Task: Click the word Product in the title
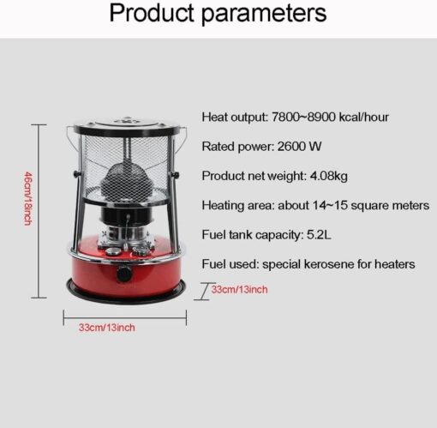pyautogui.click(x=152, y=13)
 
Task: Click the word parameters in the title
pyautogui.click(x=264, y=14)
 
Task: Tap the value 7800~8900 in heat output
pyautogui.click(x=303, y=117)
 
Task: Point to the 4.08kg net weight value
pyautogui.click(x=329, y=176)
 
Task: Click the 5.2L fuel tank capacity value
pyautogui.click(x=319, y=235)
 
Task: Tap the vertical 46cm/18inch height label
pyautogui.click(x=27, y=198)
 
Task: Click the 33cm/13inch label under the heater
pyautogui.click(x=106, y=328)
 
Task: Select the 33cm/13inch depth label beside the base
pyautogui.click(x=239, y=290)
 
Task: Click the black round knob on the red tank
pyautogui.click(x=124, y=274)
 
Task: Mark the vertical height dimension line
pyautogui.click(x=39, y=211)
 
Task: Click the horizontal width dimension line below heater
pyautogui.click(x=125, y=317)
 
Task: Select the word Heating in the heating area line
pyautogui.click(x=223, y=206)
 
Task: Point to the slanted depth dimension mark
pyautogui.click(x=205, y=292)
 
